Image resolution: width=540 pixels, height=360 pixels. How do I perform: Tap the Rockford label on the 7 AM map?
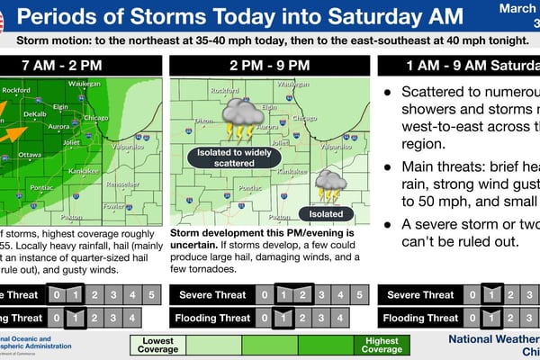[21, 90]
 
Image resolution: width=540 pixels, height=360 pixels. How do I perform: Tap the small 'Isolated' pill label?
[326, 214]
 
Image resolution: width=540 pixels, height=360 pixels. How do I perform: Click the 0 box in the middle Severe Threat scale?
[264, 294]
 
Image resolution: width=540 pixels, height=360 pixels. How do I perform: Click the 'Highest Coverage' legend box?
[382, 346]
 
